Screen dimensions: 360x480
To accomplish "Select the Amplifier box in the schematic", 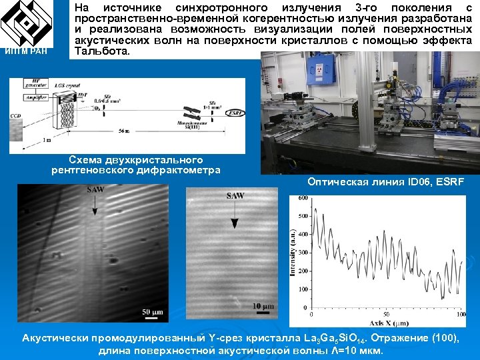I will [x=34, y=97].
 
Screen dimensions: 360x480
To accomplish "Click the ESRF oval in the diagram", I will [x=235, y=113].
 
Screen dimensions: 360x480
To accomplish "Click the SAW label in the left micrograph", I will [x=95, y=191].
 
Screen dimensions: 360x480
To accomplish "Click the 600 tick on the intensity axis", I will [x=303, y=198].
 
